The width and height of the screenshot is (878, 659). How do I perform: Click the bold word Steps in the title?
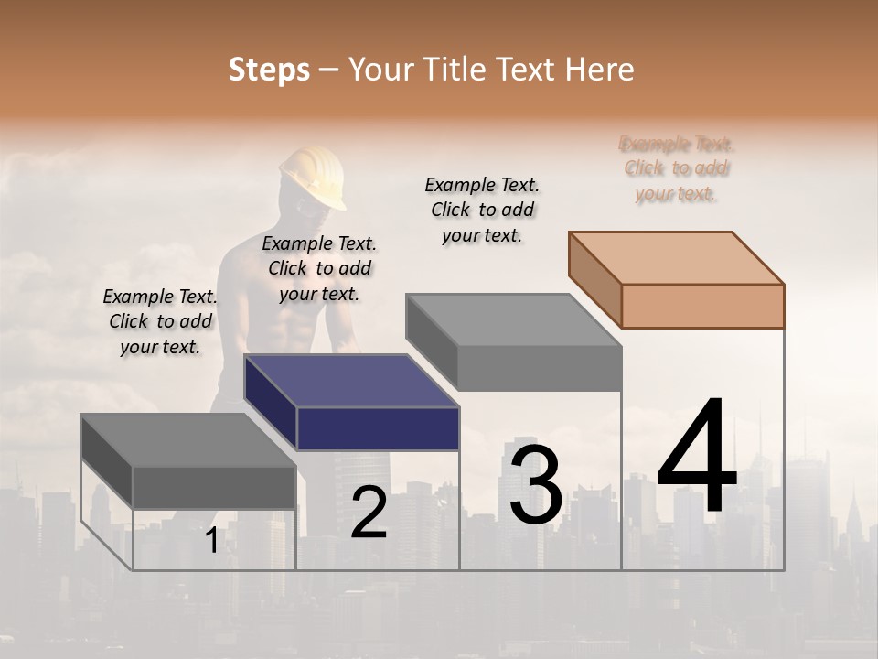tap(269, 70)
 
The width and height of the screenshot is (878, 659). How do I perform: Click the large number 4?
tap(697, 458)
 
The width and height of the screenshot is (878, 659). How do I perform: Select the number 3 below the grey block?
tap(536, 485)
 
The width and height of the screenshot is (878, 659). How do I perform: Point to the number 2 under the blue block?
tap(369, 513)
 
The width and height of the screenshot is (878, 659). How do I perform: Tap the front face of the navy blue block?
tap(378, 428)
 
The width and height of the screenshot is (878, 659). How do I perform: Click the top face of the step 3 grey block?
tap(513, 320)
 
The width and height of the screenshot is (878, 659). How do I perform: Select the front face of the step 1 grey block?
tap(214, 488)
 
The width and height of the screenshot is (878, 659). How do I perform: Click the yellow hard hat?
tap(313, 177)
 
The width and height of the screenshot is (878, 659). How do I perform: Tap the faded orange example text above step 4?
tap(677, 168)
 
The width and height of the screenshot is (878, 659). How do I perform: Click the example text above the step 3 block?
tap(482, 210)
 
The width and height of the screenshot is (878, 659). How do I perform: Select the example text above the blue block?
tap(319, 268)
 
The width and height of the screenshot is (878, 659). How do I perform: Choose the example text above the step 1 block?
tap(160, 321)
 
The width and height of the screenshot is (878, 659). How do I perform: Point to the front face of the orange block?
tap(702, 306)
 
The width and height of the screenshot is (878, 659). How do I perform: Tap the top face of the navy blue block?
tap(350, 380)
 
